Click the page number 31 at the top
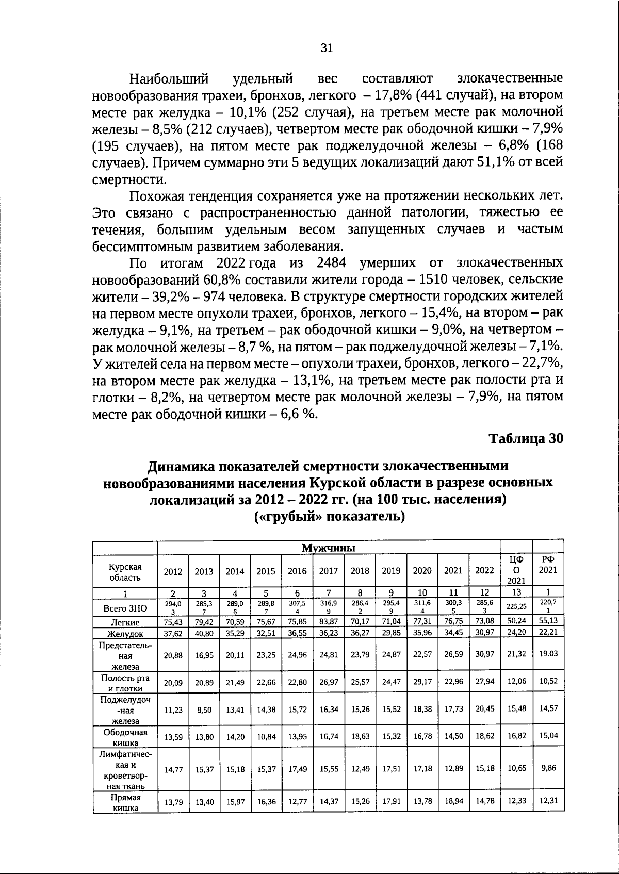click(x=327, y=48)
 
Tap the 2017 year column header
click(x=329, y=571)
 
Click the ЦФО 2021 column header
click(x=516, y=570)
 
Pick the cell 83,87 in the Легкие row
click(x=329, y=621)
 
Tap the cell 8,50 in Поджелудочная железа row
click(x=204, y=710)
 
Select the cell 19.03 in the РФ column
click(x=548, y=653)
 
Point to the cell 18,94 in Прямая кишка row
click(x=453, y=801)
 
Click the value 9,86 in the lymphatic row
click(x=548, y=768)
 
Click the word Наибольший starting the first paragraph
click(x=169, y=79)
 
